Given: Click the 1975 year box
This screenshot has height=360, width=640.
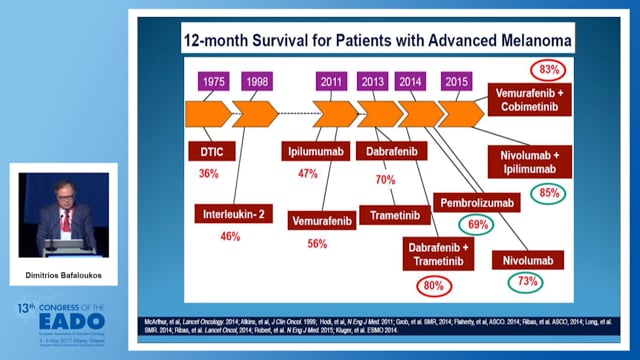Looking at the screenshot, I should (212, 81).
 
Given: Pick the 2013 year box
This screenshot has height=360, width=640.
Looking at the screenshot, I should (375, 81).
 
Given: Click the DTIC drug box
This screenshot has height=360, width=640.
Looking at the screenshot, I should (209, 152).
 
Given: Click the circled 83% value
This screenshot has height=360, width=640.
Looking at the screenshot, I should (549, 70).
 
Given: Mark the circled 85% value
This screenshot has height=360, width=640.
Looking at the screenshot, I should (548, 192).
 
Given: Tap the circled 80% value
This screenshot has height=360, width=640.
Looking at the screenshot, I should (434, 285).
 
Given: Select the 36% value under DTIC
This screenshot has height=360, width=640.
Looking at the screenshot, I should (209, 174).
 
